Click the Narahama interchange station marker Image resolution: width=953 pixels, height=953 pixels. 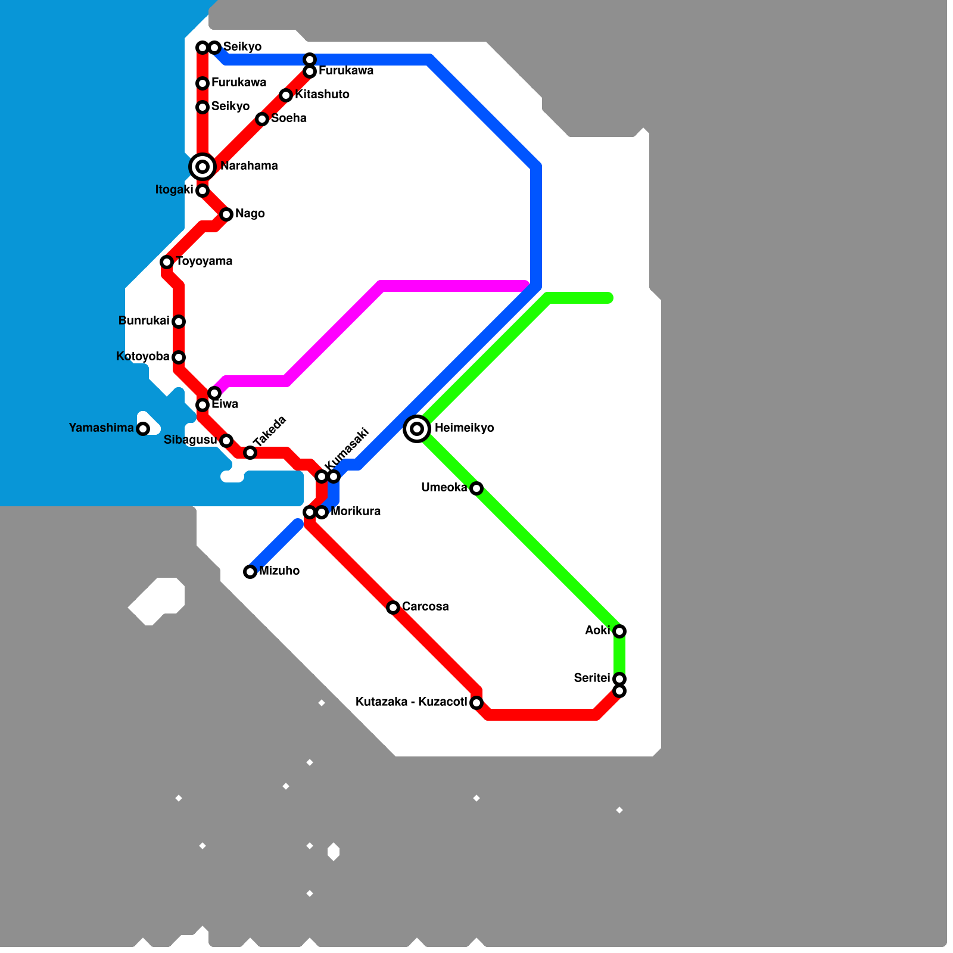coord(203,166)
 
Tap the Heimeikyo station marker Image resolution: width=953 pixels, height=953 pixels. coord(417,428)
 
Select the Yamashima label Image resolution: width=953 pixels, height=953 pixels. coord(101,428)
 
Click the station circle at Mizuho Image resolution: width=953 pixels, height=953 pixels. coord(250,572)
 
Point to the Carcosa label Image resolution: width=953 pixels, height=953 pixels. coord(425,607)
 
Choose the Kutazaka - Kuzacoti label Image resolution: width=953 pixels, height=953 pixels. coord(411,702)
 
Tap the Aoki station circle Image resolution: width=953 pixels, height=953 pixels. coord(619,631)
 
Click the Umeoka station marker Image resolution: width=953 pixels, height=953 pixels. coord(476,488)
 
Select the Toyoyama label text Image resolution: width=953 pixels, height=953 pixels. coord(204,261)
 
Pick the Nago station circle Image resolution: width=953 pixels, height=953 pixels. coord(226,214)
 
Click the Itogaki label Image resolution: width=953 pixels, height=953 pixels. coord(174,190)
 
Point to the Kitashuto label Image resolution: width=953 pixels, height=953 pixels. coord(322,95)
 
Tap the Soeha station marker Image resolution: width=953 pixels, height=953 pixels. coord(262,119)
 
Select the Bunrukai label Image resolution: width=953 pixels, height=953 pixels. coord(144,321)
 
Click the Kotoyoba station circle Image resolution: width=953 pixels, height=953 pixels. coord(179,357)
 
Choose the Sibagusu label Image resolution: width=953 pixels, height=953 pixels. coord(190,440)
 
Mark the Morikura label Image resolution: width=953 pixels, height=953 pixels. coord(356,512)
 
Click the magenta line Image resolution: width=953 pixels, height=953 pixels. coord(453,286)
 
